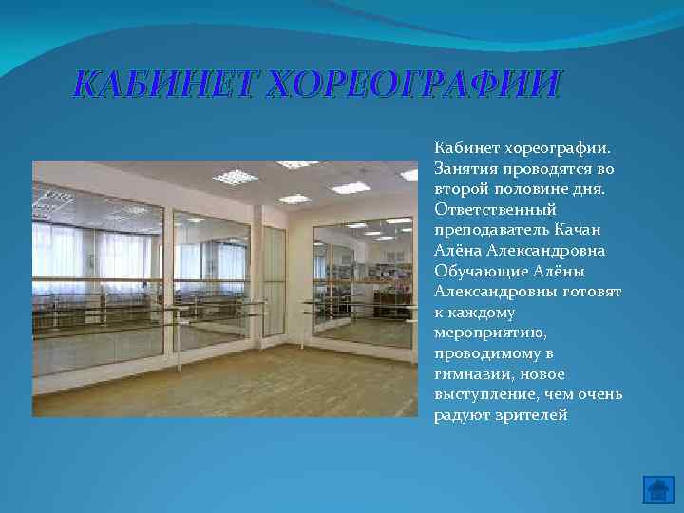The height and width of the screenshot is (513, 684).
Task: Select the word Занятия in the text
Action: (x=463, y=169)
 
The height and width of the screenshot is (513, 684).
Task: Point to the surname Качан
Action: (x=579, y=230)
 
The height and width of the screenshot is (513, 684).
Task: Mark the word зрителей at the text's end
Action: (x=527, y=414)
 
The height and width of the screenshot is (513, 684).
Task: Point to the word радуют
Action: (x=459, y=414)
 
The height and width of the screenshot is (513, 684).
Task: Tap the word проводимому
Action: (x=481, y=353)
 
